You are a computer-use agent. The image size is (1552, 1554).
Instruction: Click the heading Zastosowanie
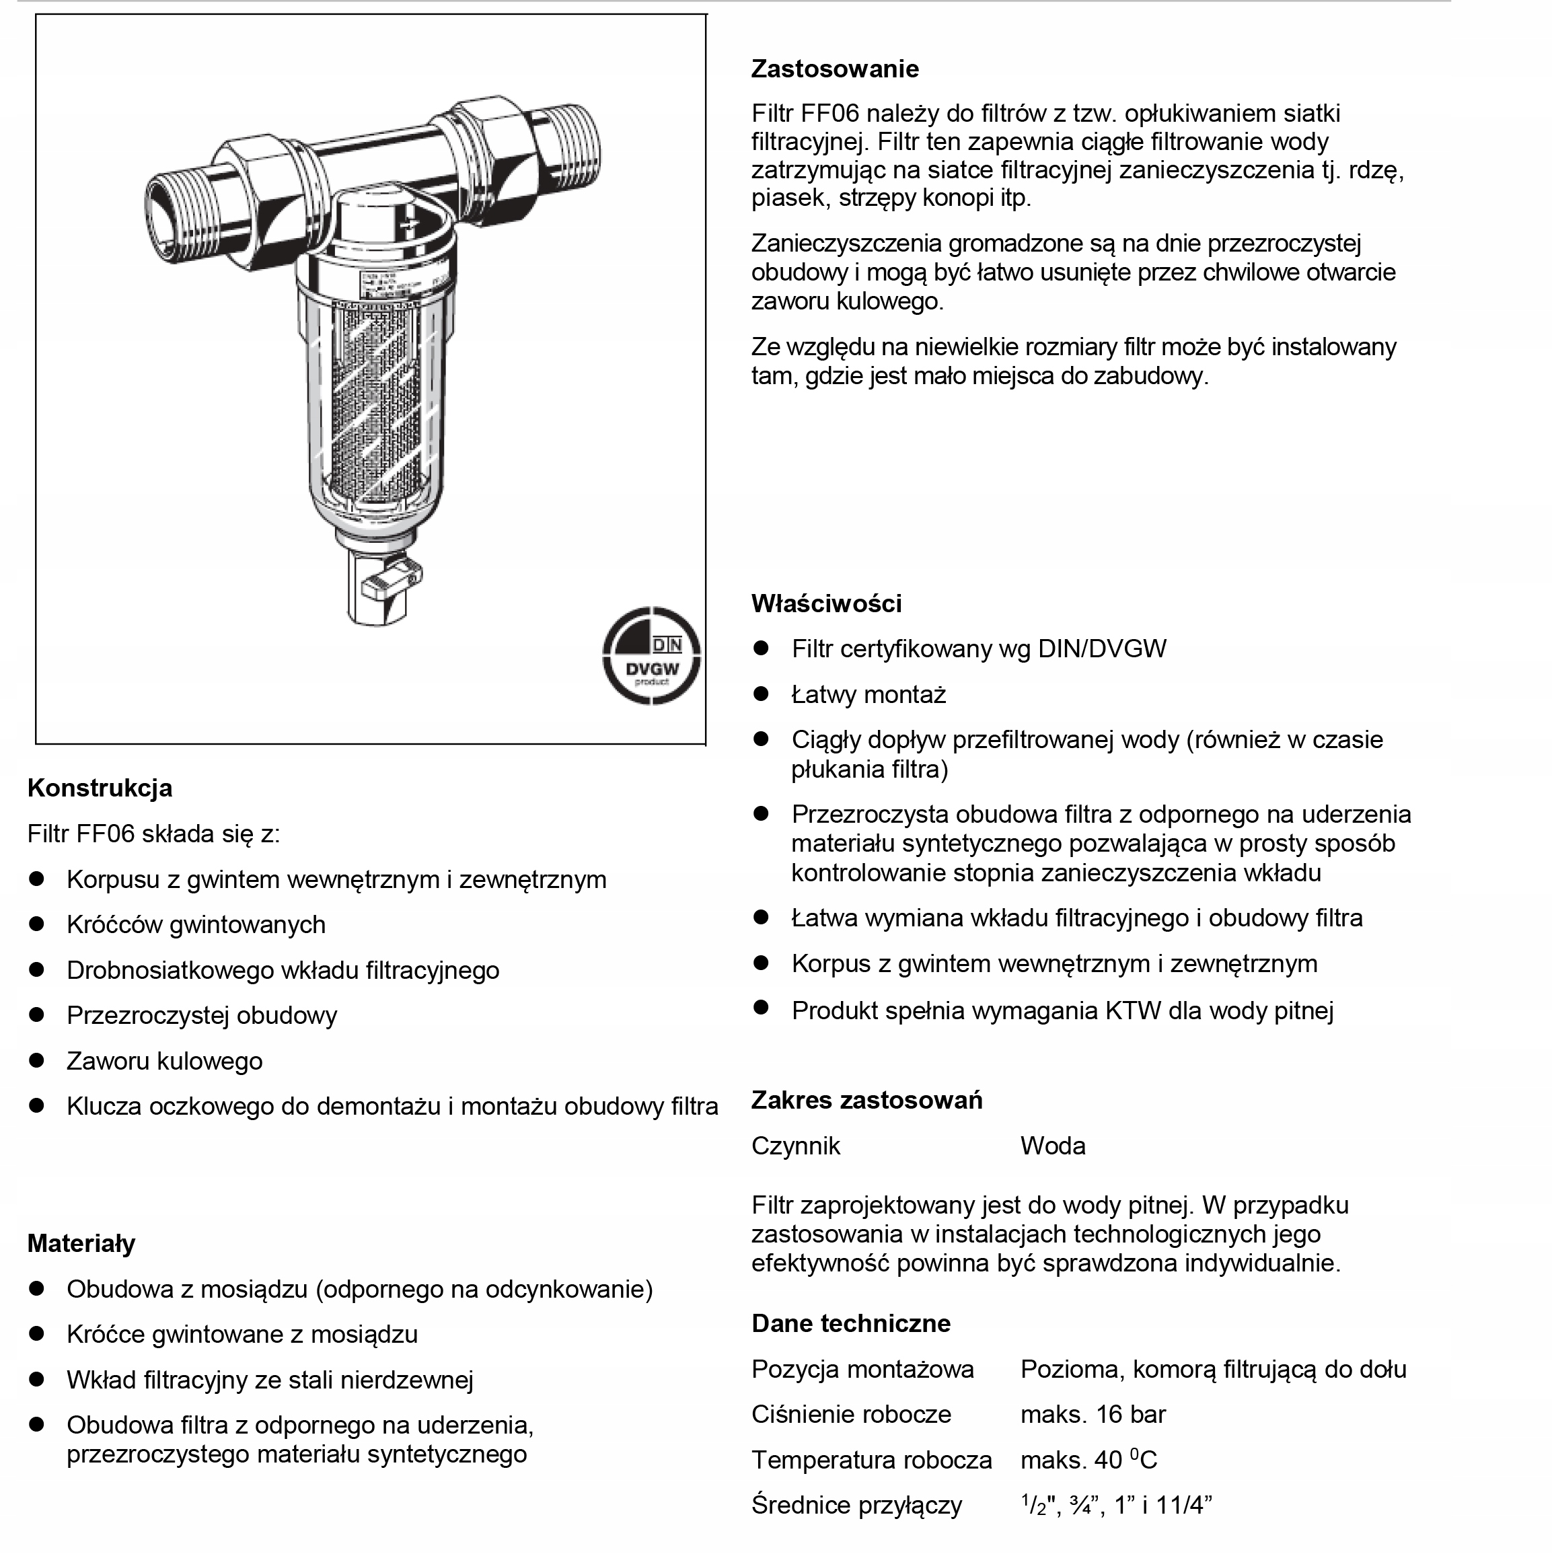[x=834, y=69]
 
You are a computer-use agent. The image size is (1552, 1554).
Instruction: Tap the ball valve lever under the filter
[x=390, y=581]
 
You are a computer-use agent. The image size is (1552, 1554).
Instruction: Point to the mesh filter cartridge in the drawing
[x=377, y=394]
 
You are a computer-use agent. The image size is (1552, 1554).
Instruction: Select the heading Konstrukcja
[x=100, y=788]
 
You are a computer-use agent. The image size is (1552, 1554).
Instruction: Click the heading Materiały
[x=81, y=1243]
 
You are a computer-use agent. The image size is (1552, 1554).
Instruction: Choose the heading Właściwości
[x=826, y=603]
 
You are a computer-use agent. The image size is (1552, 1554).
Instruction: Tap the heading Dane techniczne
[x=850, y=1323]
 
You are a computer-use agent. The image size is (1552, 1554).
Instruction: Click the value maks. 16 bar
[x=1093, y=1413]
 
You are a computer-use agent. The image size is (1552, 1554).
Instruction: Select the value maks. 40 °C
[x=1088, y=1459]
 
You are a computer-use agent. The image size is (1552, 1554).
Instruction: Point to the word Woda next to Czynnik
[x=1052, y=1146]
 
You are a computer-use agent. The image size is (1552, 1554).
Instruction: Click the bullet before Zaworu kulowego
[x=36, y=1060]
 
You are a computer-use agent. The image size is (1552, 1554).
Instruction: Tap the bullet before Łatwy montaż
[x=761, y=694]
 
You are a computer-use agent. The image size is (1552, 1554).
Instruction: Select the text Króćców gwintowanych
[x=196, y=925]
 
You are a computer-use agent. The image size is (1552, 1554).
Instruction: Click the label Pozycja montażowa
[x=862, y=1369]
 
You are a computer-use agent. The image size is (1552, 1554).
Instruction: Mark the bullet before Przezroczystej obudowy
[x=36, y=1015]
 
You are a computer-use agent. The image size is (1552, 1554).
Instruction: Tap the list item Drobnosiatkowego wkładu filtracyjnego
[x=283, y=970]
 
